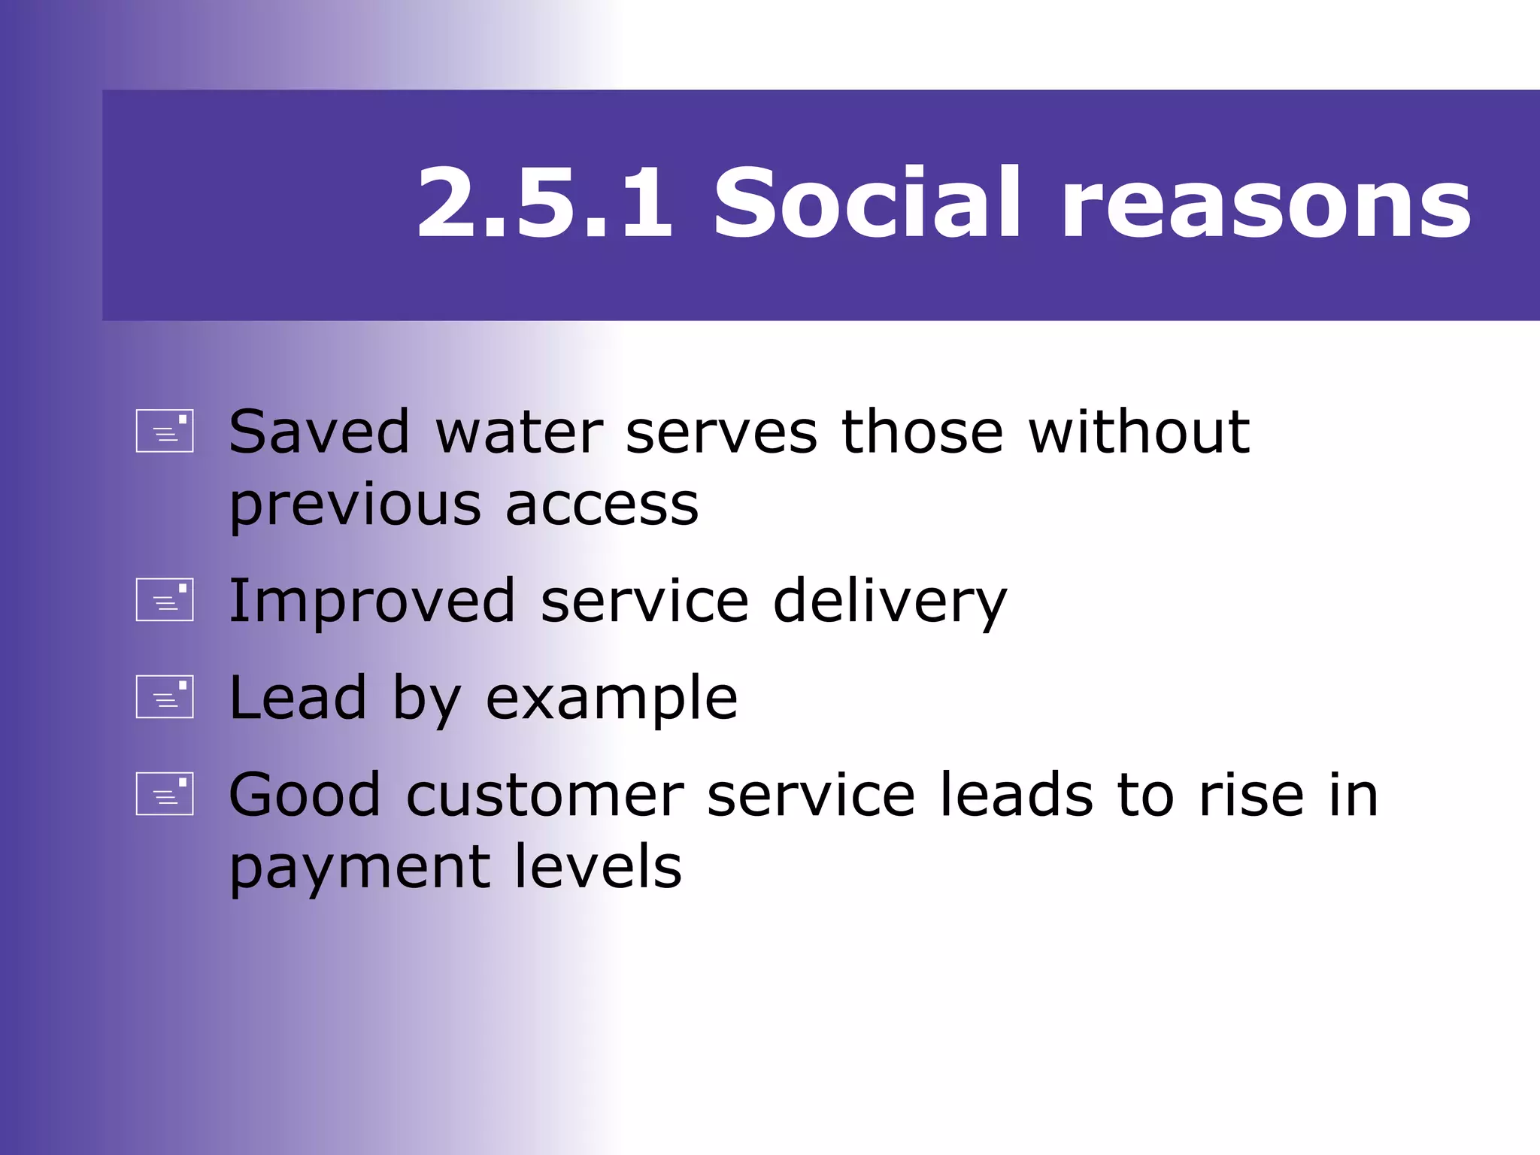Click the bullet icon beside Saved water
(x=165, y=431)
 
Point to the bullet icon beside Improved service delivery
(x=165, y=600)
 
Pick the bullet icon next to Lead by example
(x=165, y=696)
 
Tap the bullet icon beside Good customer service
(x=165, y=794)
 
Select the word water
(x=520, y=434)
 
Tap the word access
(x=602, y=505)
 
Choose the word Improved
(x=371, y=603)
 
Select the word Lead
(x=298, y=698)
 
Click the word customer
(x=545, y=796)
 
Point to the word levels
(x=598, y=866)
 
